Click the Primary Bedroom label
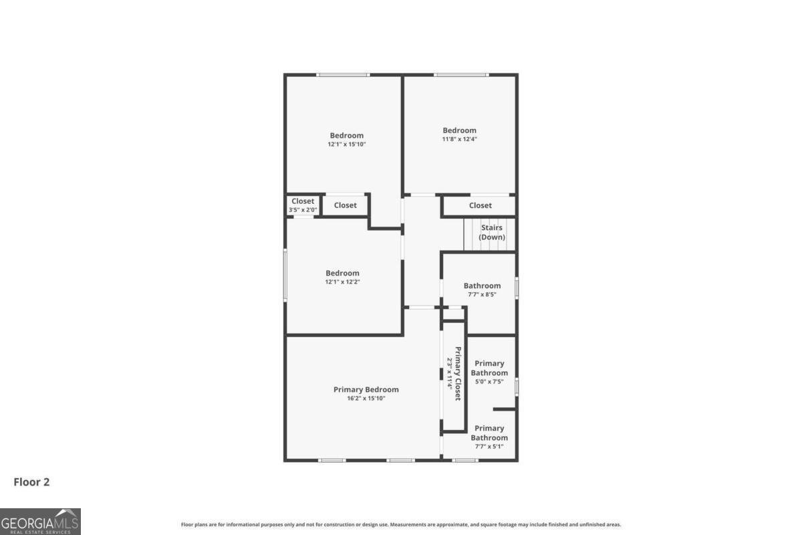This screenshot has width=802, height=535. (x=366, y=389)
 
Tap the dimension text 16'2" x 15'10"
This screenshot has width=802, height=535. (x=366, y=399)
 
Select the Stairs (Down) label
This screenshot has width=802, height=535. (x=492, y=232)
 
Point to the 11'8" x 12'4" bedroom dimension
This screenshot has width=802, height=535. (x=459, y=139)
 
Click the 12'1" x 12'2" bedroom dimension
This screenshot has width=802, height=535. (x=342, y=282)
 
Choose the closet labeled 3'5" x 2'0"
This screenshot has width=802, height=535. (x=303, y=205)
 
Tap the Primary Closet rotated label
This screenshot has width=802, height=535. (x=458, y=373)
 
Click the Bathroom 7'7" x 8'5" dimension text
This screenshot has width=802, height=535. (x=482, y=294)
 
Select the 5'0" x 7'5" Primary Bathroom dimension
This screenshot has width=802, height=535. (x=489, y=382)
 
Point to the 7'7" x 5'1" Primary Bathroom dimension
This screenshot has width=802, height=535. (x=489, y=447)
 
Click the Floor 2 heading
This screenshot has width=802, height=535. (x=31, y=482)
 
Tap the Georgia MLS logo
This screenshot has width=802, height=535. (x=40, y=522)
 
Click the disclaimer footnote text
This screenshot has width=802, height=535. (x=401, y=524)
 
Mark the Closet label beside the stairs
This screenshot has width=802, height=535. (x=480, y=205)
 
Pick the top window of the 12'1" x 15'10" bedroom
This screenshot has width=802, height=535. (x=343, y=75)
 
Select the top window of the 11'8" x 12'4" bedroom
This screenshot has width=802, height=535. (x=461, y=75)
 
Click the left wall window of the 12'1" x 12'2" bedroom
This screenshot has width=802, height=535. (x=285, y=276)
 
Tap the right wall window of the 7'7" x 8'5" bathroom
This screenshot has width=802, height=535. (x=517, y=288)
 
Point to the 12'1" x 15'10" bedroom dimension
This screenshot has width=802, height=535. (x=347, y=144)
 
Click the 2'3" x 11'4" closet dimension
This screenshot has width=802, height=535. (x=449, y=373)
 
